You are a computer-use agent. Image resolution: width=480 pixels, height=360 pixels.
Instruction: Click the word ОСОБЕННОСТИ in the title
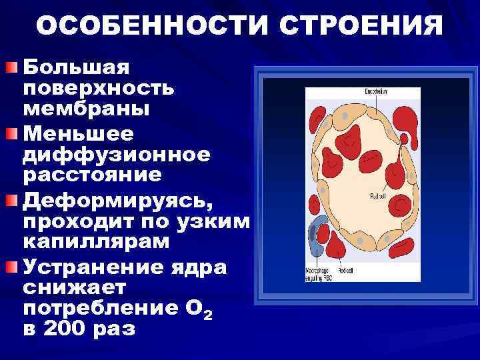(154, 26)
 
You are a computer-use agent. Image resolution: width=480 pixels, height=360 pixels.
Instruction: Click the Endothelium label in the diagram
(377, 91)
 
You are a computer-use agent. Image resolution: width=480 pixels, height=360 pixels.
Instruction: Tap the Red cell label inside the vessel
(378, 196)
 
